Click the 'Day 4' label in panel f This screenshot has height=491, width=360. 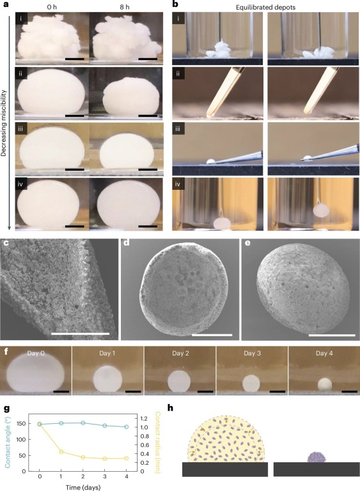pos(324,353)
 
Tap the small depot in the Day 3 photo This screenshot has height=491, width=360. pos(252,383)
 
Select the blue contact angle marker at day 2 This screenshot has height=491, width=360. pos(83,423)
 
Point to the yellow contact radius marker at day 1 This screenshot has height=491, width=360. pos(61,451)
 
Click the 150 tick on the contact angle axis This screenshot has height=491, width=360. pos(20,424)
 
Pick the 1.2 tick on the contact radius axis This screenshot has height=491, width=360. pos(144,419)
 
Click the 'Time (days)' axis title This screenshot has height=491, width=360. pos(83,487)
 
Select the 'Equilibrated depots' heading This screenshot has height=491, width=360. pos(266,7)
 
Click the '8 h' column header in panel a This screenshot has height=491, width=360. pos(125,6)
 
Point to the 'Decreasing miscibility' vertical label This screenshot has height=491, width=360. pos(3,123)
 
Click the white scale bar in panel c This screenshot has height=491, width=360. pos(80,334)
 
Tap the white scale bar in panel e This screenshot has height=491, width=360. pos(332,335)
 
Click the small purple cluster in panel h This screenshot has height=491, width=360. pos(317,457)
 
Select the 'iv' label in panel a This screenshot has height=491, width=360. pos(21,184)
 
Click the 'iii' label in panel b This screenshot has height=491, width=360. pos(178,129)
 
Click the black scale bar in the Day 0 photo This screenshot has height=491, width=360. pos(61,391)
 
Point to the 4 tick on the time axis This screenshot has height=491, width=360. pos(126,476)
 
